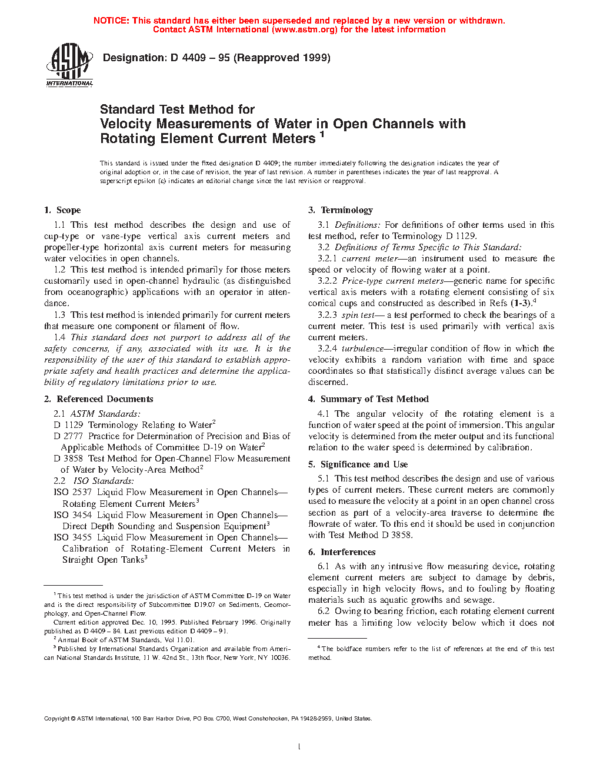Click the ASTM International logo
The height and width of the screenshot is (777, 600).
coord(69,64)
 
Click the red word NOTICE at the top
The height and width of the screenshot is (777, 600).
coord(111,21)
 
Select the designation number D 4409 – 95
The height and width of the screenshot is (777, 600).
coord(200,58)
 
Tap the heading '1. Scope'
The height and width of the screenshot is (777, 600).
coord(62,210)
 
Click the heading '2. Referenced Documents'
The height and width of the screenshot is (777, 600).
coord(98,399)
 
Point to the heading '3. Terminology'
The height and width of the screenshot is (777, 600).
coord(341,210)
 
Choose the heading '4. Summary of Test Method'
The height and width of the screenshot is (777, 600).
coord(368,399)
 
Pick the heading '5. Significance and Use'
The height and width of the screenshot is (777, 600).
coord(358,464)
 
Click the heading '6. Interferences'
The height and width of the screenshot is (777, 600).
coord(342,552)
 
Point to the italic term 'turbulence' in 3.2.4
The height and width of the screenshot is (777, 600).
coord(362,348)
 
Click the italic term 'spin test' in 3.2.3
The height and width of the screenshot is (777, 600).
coord(358,315)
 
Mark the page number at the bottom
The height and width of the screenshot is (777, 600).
coord(299,747)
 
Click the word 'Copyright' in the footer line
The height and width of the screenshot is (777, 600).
coord(56,718)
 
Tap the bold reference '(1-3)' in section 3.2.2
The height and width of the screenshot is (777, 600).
coord(520,303)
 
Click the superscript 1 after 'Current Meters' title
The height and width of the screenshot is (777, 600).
coord(322,135)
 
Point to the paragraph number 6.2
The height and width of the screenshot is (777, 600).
coord(324,611)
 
